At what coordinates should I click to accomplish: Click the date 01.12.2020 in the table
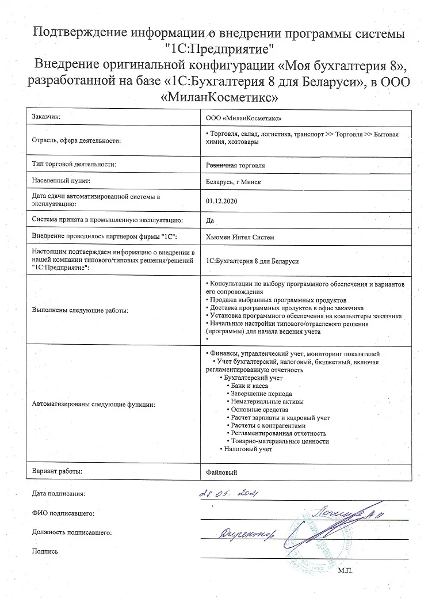pyautogui.click(x=221, y=201)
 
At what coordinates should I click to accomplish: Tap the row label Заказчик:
pyautogui.click(x=47, y=117)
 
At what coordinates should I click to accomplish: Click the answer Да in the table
pyautogui.click(x=209, y=219)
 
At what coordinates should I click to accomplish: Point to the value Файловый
pyautogui.click(x=221, y=472)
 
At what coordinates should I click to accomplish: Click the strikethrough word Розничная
pyautogui.click(x=222, y=165)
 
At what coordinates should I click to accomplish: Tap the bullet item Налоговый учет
pyautogui.click(x=247, y=449)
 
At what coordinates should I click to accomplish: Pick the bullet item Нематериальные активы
pyautogui.click(x=267, y=401)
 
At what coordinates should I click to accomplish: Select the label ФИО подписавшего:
pyautogui.click(x=63, y=513)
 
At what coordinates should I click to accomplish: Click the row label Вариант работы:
pyautogui.click(x=58, y=471)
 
